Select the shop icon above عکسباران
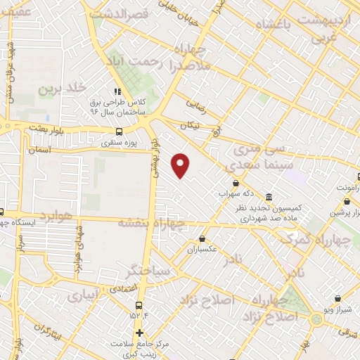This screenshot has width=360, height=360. (203, 238)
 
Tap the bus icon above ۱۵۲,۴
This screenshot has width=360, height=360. (139, 305)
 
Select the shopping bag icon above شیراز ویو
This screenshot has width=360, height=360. (338, 298)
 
